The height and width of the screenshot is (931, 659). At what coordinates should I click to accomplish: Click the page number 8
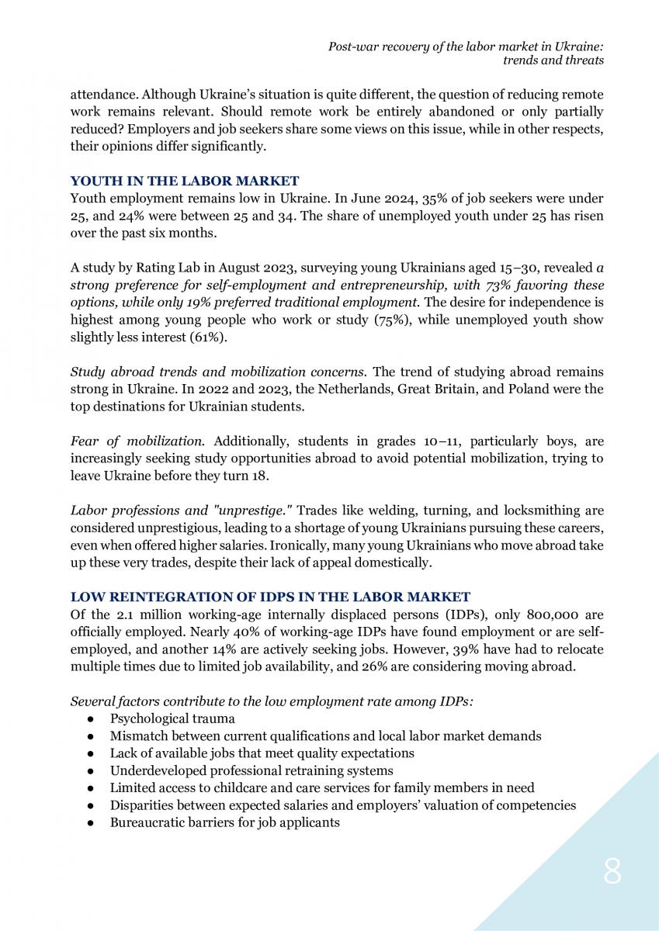(x=612, y=873)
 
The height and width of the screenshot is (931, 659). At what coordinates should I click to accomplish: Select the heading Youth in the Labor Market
(x=185, y=182)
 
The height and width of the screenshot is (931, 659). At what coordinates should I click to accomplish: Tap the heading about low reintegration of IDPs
(x=270, y=597)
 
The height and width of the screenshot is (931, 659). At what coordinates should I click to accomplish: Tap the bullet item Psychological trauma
(x=172, y=719)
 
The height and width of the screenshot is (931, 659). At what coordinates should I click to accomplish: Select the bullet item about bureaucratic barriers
(x=224, y=822)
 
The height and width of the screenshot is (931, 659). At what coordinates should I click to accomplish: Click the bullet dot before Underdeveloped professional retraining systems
(x=92, y=771)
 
